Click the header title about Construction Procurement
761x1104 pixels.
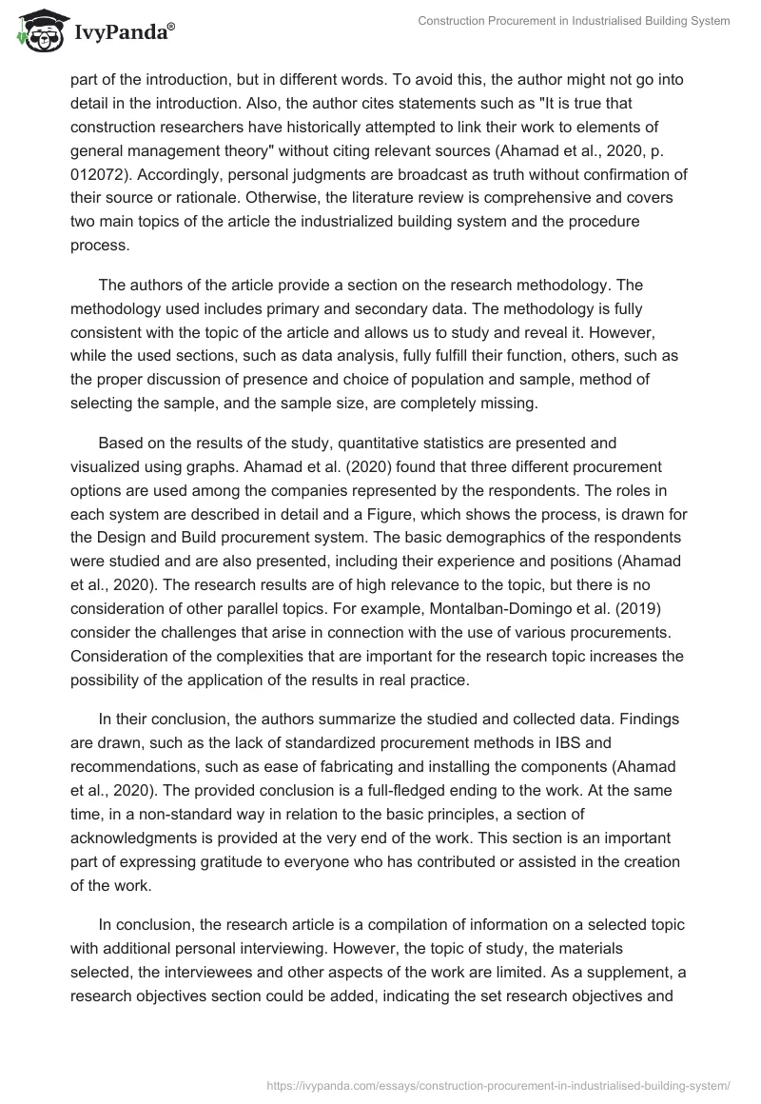click(574, 23)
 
